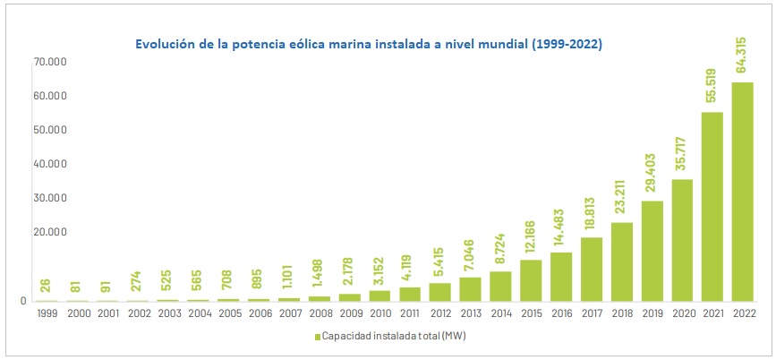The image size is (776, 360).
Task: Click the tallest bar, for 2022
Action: [x=743, y=192]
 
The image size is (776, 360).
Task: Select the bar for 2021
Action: [x=712, y=207]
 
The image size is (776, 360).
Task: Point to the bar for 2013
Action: [x=470, y=289]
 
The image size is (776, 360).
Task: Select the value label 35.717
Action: [x=683, y=154]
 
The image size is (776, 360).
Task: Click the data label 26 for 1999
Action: [x=46, y=287]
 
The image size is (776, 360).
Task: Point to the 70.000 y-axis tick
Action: [x=55, y=63]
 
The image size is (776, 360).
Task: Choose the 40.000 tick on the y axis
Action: [x=55, y=164]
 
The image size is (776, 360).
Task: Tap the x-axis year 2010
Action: [x=379, y=313]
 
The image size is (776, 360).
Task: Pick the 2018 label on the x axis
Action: [x=622, y=313]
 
